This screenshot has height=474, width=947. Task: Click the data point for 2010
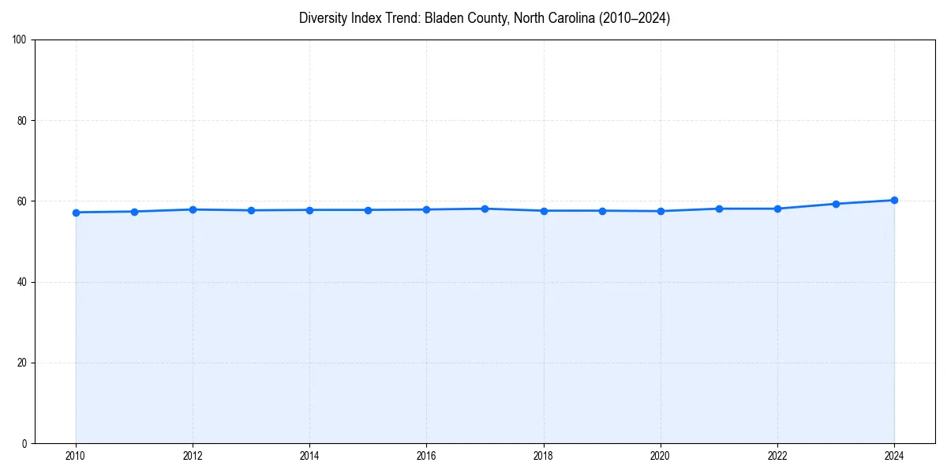(76, 213)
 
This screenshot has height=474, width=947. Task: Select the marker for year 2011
(134, 212)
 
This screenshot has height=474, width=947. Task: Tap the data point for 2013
(251, 210)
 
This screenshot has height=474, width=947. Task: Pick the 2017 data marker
(485, 209)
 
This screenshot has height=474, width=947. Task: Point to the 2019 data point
(602, 211)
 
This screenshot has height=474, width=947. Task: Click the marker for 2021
(719, 209)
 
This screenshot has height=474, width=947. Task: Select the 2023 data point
(836, 204)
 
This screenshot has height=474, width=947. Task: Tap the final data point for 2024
(894, 200)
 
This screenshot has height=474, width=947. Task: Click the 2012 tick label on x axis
(193, 456)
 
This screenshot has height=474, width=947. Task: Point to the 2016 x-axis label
(426, 456)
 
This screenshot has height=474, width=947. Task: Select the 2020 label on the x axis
(661, 456)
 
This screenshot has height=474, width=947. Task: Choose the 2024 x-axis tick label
(894, 456)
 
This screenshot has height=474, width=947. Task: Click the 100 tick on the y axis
(21, 40)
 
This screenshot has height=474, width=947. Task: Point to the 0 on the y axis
(25, 443)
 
